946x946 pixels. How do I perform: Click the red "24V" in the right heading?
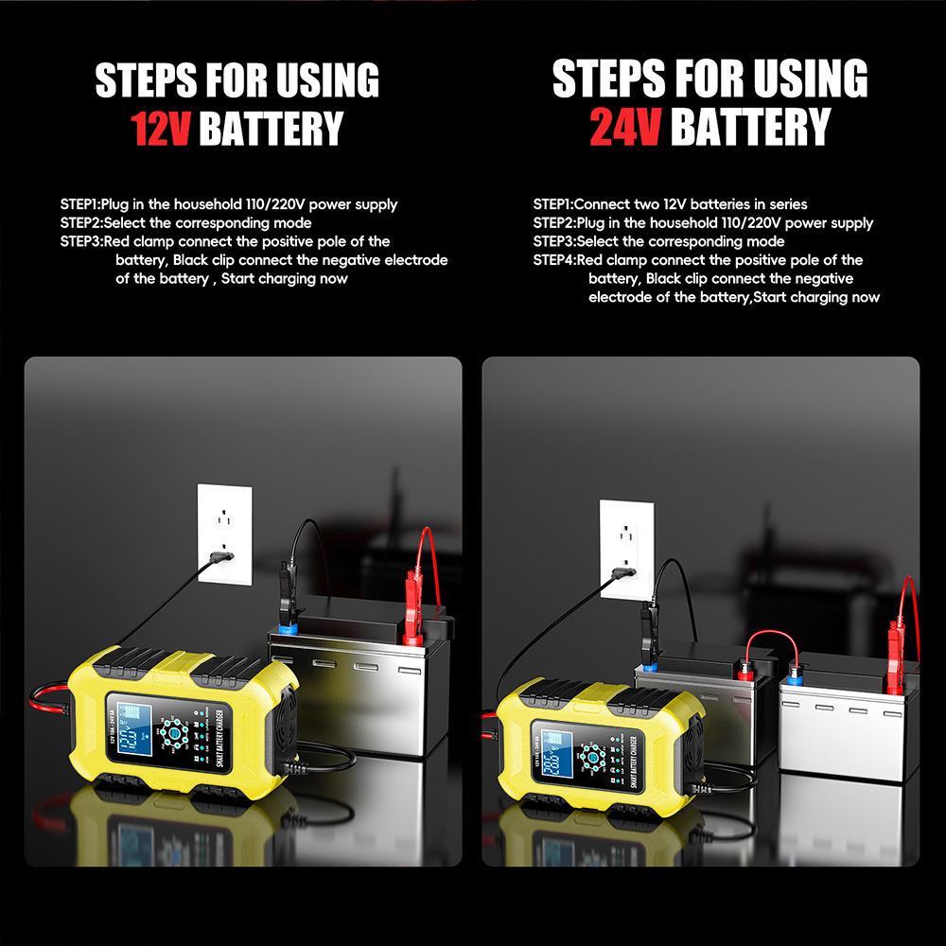(x=625, y=127)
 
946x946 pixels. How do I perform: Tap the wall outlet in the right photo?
(x=626, y=548)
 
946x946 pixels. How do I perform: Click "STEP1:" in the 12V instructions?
(x=80, y=204)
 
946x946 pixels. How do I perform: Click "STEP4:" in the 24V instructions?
(x=553, y=260)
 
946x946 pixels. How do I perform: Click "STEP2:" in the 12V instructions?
(x=80, y=223)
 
